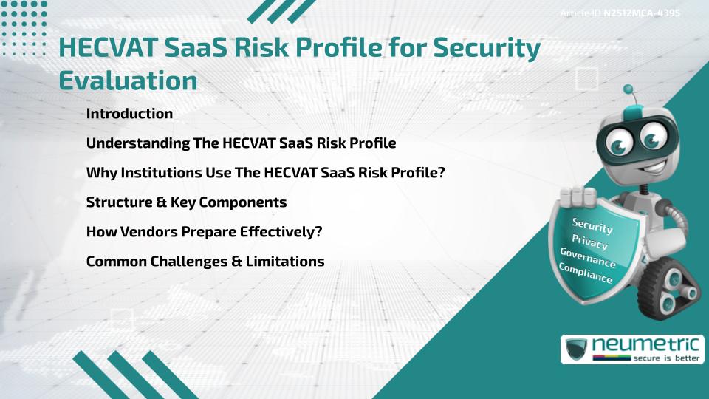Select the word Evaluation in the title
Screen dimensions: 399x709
coord(128,80)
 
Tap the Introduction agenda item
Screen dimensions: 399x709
coord(129,114)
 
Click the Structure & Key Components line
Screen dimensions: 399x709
coord(186,202)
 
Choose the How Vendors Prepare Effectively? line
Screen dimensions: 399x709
coord(205,231)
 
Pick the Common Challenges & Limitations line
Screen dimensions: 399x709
coord(205,261)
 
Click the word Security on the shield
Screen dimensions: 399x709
coord(592,225)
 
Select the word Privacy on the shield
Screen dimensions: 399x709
coord(589,242)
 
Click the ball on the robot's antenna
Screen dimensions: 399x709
coord(628,91)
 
